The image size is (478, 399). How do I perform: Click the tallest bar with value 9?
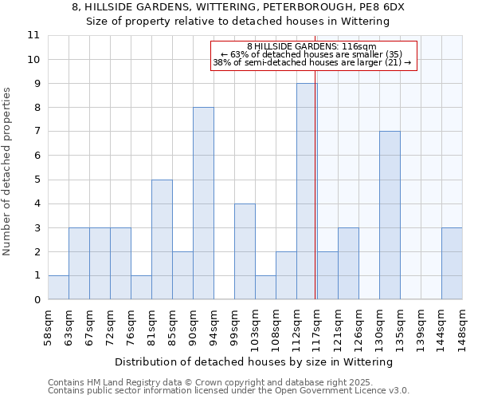tap(307, 192)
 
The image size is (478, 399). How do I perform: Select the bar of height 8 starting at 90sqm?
tap(203, 203)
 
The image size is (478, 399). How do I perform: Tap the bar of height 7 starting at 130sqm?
tap(390, 215)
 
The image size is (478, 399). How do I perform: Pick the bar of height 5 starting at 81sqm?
tap(162, 239)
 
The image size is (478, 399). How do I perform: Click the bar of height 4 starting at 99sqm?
tap(245, 251)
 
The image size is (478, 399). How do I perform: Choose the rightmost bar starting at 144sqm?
tap(452, 263)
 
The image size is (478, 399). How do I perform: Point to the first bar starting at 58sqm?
tap(58, 287)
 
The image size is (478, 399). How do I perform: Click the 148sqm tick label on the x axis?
tap(463, 327)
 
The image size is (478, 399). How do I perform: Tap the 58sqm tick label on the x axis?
tap(49, 327)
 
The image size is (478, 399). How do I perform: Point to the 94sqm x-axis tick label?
tap(214, 327)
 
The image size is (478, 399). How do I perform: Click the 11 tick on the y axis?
tap(33, 36)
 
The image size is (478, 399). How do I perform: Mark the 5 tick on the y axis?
tap(37, 180)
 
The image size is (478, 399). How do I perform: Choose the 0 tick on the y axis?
tap(37, 300)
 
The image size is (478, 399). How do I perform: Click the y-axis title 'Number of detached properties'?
tap(8, 172)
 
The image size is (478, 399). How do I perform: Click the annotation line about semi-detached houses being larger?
tap(312, 62)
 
